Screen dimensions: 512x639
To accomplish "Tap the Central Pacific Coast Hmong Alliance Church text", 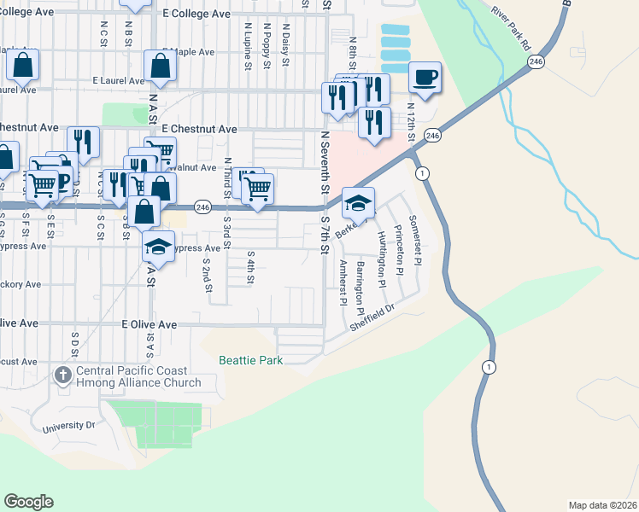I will tap(139, 377).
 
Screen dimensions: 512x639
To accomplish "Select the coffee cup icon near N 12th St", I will tap(425, 78).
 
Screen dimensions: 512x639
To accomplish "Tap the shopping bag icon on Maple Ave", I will tap(161, 66).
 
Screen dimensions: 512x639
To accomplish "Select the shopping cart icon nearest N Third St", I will tap(257, 188).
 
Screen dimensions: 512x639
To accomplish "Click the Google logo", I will tap(28, 502).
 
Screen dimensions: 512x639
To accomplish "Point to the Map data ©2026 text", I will tap(602, 504).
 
